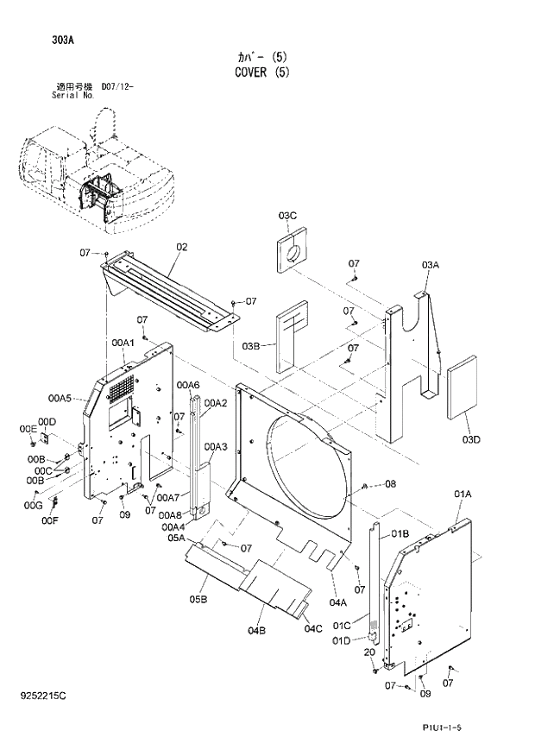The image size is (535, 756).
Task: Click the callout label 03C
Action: coord(287,215)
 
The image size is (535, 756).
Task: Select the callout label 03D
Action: coord(471,441)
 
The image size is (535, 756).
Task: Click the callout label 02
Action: coord(181,247)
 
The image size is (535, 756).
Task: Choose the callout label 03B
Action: coord(251,346)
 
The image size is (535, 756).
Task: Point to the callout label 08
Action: coord(390,484)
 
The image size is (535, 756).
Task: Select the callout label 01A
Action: coord(463,494)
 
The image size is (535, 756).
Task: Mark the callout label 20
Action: coord(368,652)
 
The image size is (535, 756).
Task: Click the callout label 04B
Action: coord(256,632)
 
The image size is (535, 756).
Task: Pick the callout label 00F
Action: coord(49,520)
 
